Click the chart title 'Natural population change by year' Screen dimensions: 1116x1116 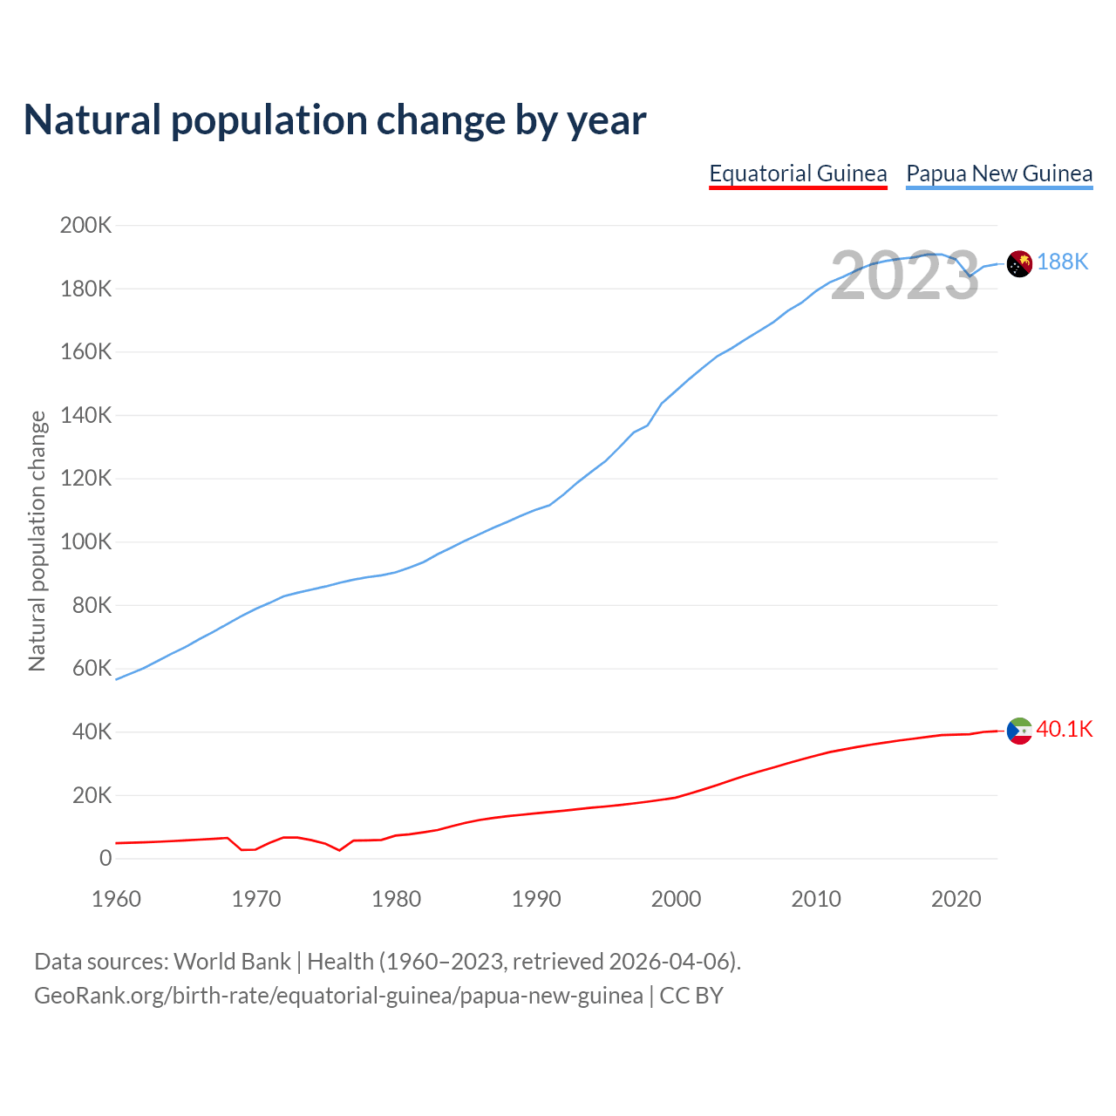tap(335, 120)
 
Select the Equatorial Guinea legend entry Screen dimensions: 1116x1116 tap(798, 174)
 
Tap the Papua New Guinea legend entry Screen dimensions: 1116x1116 tap(999, 174)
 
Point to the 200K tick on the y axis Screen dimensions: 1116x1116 tap(85, 225)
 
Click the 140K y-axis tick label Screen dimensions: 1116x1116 tap(85, 415)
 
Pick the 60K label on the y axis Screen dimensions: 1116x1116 tap(92, 669)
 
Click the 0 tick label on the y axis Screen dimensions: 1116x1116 tap(105, 858)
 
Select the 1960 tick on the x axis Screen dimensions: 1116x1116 tap(116, 899)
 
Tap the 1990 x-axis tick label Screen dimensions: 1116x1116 tap(536, 899)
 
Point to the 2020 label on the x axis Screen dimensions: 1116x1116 tap(956, 899)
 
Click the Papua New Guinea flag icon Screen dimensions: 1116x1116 tap(1019, 263)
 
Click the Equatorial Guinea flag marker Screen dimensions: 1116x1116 tap(1019, 731)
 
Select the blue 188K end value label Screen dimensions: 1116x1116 tap(1063, 262)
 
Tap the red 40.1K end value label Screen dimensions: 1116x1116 tap(1065, 729)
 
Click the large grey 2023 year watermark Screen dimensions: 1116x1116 tap(905, 276)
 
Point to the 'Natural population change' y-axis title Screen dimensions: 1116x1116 tap(37, 541)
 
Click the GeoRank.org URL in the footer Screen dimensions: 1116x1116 tap(338, 996)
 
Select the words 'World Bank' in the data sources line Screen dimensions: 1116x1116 tap(232, 962)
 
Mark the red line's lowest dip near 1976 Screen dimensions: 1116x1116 tap(339, 850)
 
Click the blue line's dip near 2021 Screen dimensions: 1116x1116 tap(970, 276)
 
